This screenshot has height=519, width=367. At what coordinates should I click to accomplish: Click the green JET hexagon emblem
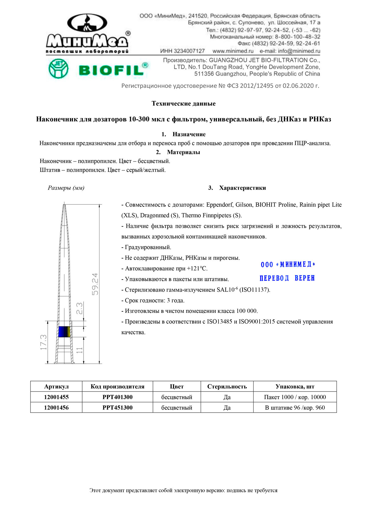coord(58,69)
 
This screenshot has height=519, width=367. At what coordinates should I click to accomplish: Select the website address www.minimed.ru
coord(233,51)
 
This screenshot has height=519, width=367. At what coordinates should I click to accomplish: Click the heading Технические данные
coord(183,104)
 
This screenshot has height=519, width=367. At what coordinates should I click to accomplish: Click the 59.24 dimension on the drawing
coord(95,284)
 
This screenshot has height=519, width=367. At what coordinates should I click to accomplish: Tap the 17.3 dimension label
coord(43,342)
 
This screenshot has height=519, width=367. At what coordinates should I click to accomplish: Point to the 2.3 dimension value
coord(79,309)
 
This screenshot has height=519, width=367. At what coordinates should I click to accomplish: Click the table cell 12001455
coord(56,397)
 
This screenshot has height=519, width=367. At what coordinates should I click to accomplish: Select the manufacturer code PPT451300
coord(117,408)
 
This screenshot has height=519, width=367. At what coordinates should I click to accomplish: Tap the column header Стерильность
coord(227,387)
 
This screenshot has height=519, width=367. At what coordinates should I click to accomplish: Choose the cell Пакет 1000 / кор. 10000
coord(295,397)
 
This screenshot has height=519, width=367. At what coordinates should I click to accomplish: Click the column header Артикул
coord(56,387)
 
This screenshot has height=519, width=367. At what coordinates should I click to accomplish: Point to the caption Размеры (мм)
coord(66,188)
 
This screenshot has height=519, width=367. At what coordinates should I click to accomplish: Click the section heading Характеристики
coord(242,188)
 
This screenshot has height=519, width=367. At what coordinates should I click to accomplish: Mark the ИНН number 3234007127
coord(183,51)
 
